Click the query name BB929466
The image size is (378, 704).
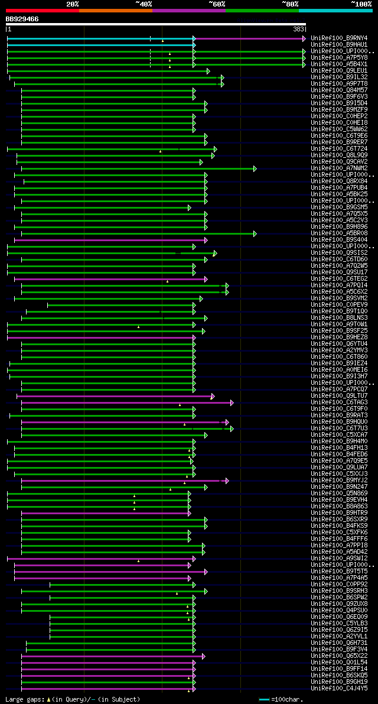[22, 19]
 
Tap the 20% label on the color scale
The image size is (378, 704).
[73, 4]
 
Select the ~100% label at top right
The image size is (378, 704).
[361, 4]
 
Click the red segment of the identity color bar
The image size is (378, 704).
[42, 10]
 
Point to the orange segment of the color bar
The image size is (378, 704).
[115, 10]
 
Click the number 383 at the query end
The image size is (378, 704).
[298, 28]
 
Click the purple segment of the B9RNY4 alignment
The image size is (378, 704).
[248, 38]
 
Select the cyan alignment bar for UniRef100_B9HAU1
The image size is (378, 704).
[100, 45]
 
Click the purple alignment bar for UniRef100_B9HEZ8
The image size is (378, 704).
[100, 338]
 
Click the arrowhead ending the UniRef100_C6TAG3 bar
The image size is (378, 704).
[232, 403]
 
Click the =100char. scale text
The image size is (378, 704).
[288, 699]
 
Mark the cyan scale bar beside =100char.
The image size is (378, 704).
[264, 699]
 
